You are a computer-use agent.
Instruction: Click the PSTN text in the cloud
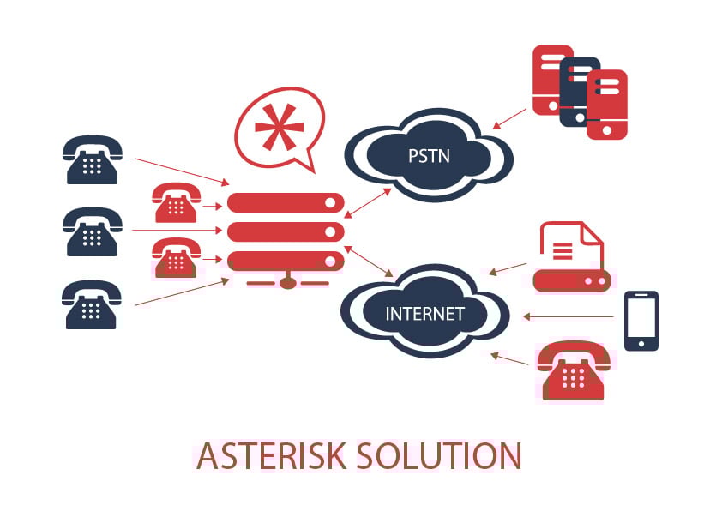429,156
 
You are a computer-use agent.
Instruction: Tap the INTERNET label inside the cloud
424,314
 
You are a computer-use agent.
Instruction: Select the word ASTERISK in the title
272,455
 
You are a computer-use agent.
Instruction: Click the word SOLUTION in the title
439,455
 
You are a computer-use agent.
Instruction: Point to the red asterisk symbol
279,127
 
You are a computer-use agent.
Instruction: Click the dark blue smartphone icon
641,321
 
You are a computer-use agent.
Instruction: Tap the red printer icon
571,257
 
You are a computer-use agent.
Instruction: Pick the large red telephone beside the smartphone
574,370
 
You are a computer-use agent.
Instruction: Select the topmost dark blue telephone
92,159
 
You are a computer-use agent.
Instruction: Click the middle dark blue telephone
92,231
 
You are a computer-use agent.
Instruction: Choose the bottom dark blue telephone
91,304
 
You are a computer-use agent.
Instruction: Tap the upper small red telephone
177,202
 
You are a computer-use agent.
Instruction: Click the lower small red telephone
177,257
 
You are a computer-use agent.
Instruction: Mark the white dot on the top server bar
330,203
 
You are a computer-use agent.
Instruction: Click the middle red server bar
286,232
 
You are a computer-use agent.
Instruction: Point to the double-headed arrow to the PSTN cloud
368,203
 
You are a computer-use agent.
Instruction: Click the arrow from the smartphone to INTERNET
569,316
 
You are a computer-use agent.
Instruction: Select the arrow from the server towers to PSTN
509,119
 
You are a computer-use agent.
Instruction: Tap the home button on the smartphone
641,344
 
